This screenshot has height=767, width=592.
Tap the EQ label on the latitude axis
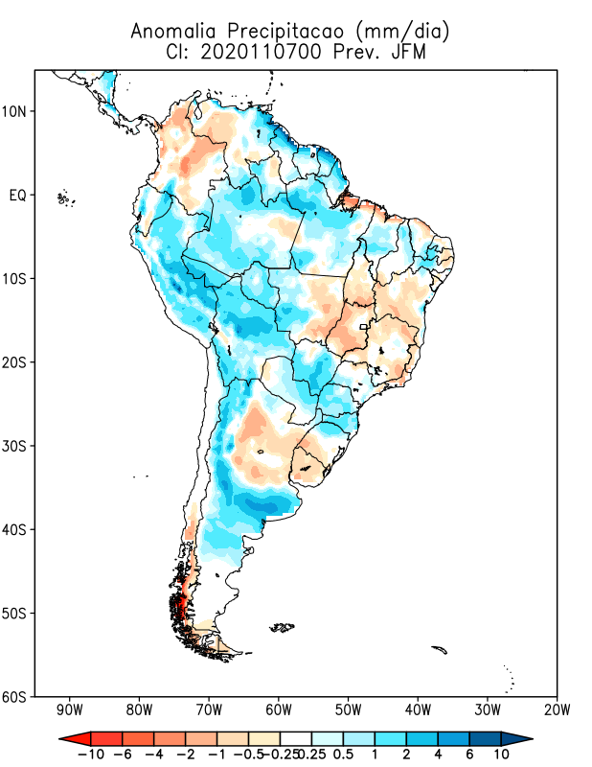point(18,196)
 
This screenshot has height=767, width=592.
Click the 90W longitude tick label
point(69,710)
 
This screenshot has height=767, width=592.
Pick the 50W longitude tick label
point(348,710)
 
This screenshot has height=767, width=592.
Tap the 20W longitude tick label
point(557,710)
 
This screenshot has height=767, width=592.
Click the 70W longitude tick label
point(209,710)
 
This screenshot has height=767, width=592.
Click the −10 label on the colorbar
point(90,755)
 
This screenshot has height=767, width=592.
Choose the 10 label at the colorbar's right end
point(502,755)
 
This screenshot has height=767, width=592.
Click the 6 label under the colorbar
point(469,755)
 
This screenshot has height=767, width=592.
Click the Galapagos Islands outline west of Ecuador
point(65,198)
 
